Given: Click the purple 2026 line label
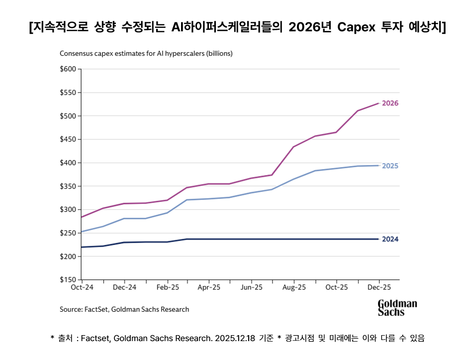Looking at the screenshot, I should click(x=390, y=103).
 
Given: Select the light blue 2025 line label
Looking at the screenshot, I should click(x=390, y=166).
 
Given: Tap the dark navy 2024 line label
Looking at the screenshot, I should click(x=390, y=239).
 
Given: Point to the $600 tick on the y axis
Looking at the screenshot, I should click(x=68, y=69).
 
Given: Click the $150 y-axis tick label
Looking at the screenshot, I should click(x=68, y=279).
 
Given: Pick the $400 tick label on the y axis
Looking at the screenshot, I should click(x=68, y=163).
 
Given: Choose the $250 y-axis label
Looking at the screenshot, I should click(x=68, y=233).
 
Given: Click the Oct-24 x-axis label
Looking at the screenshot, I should click(x=82, y=287).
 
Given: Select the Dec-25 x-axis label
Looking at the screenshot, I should click(x=379, y=287).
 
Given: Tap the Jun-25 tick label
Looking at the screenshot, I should click(x=252, y=287).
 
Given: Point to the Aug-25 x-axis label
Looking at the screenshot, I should click(x=294, y=287).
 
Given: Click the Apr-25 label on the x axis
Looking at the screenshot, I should click(x=209, y=287).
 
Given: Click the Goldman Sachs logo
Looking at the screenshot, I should click(x=397, y=308).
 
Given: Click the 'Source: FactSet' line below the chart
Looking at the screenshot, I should click(x=124, y=309).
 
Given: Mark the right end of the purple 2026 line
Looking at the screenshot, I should click(x=379, y=103).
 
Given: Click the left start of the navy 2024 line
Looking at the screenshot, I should click(x=82, y=247).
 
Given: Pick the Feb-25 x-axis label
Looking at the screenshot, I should click(x=167, y=287).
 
